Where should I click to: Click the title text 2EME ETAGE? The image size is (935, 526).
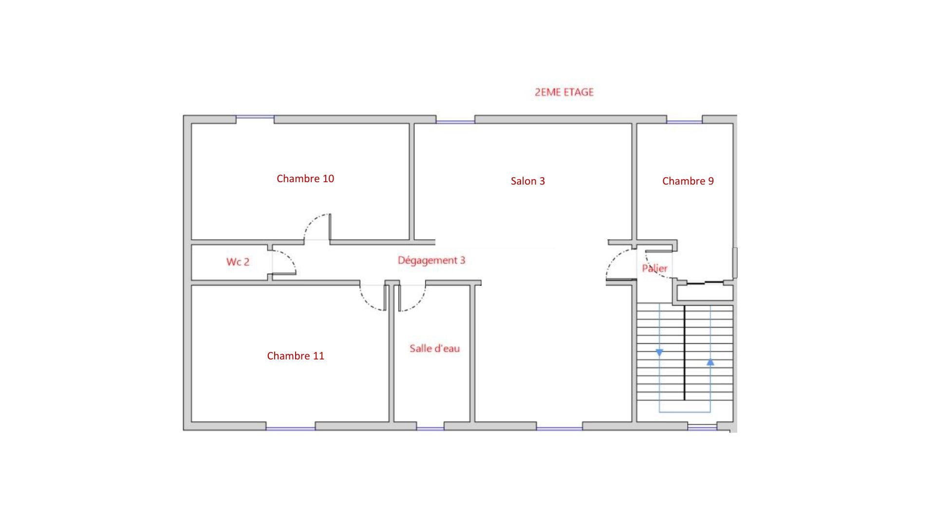(564, 92)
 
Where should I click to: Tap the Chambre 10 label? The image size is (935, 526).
(305, 179)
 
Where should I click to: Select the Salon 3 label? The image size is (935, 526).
(528, 181)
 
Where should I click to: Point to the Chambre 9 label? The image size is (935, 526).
(688, 181)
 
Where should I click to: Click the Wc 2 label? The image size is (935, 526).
(238, 262)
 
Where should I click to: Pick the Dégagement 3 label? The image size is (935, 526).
(431, 261)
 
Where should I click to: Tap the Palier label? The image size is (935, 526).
(654, 268)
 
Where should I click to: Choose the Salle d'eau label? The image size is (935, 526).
(434, 348)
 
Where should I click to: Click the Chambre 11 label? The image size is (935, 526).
(296, 356)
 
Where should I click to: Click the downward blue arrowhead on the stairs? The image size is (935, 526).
(659, 353)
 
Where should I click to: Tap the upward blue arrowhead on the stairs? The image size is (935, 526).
(711, 362)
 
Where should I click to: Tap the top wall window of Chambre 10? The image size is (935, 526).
(255, 117)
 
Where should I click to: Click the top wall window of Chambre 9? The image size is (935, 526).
(684, 122)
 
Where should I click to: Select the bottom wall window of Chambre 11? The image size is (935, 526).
(291, 429)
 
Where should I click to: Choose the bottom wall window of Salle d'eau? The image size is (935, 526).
(430, 429)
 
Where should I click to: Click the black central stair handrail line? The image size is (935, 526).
(685, 353)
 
